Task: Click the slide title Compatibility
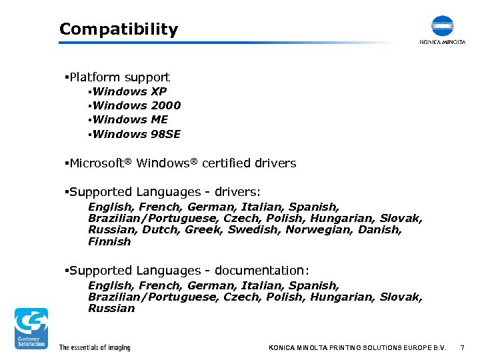119,29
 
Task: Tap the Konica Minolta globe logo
442,26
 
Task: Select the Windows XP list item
130,91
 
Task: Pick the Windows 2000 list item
137,105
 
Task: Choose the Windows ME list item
131,119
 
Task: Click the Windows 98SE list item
137,134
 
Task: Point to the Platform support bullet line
119,77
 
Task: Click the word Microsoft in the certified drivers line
97,163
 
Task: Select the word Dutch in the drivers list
160,230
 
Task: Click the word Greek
204,230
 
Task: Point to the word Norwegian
317,230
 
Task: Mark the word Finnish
109,242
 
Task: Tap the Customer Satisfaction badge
31,328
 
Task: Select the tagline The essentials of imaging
95,347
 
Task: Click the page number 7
462,348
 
